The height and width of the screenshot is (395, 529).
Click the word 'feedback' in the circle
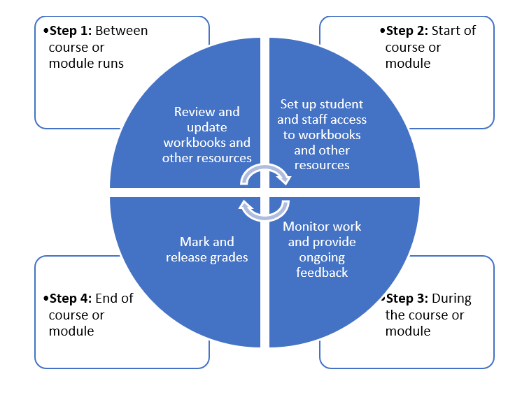click(322, 273)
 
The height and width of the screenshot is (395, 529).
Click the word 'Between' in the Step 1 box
click(122, 31)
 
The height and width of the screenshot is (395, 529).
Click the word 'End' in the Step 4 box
click(115, 299)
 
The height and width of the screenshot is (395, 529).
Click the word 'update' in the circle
click(206, 127)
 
